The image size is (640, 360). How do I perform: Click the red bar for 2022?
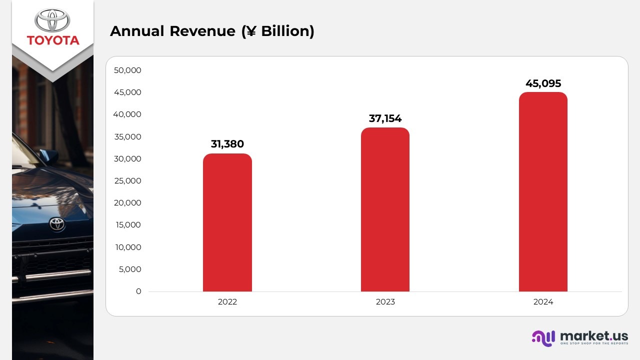[x=227, y=222]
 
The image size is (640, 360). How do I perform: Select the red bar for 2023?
[x=385, y=209]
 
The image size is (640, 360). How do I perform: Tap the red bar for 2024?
[x=543, y=192]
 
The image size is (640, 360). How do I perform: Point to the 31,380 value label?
[x=227, y=144]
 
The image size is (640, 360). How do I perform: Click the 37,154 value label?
[x=385, y=118]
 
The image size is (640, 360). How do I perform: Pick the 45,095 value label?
[x=543, y=83]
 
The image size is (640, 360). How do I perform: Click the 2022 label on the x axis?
[x=227, y=302]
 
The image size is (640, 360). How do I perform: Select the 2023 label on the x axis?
[x=385, y=302]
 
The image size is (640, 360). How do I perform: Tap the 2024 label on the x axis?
[x=543, y=302]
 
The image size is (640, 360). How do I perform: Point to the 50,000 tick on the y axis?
[x=127, y=70]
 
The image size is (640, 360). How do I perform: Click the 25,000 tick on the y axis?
[x=127, y=181]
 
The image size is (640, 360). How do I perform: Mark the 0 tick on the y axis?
[x=138, y=291]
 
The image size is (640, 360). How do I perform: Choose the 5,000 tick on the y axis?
[x=130, y=269]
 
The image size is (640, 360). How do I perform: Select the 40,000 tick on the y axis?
[x=127, y=114]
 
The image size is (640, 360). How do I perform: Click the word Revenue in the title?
[x=202, y=31]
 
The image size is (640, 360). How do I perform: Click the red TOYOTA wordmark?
[x=53, y=40]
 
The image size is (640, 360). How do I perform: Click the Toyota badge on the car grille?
[x=57, y=224]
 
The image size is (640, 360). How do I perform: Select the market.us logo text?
[x=594, y=335]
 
